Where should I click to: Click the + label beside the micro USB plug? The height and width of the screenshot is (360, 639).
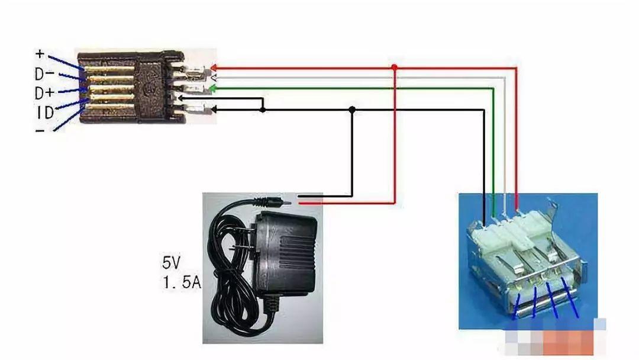40,53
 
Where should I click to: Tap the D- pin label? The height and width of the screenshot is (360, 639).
44,73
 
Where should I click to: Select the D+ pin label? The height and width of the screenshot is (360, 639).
44,93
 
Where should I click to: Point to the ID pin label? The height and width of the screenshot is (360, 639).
44,112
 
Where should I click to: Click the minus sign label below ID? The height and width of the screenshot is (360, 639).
40,129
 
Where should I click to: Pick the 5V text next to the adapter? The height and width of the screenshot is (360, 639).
172,261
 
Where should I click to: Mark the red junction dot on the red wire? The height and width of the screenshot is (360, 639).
395,67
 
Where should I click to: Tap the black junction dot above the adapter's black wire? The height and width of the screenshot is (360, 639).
353,110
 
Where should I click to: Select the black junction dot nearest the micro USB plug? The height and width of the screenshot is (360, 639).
263,110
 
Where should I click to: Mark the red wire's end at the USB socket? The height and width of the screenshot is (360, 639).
517,204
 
